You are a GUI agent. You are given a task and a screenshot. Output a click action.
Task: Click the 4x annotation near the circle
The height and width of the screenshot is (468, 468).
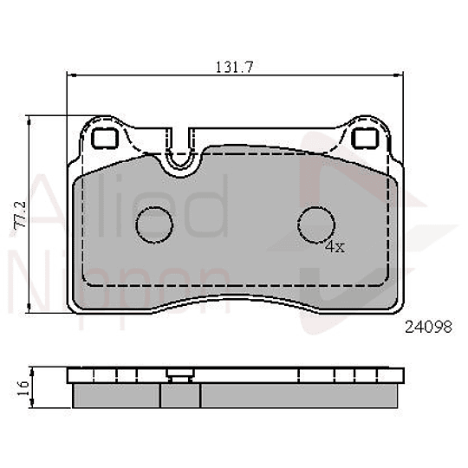click(x=335, y=247)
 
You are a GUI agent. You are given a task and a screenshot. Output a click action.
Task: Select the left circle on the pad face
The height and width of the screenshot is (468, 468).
click(x=155, y=225)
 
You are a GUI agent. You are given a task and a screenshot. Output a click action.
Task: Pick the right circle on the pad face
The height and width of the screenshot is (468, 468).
click(x=317, y=225)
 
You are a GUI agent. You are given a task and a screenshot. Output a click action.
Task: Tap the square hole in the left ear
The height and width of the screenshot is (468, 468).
click(x=106, y=138)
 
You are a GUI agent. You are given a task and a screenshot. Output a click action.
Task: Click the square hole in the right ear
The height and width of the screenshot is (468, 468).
click(x=366, y=138)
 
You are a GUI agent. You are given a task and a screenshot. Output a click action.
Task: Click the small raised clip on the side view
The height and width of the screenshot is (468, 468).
click(x=180, y=375)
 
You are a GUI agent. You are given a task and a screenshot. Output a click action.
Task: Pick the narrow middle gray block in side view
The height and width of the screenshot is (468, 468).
click(x=180, y=394)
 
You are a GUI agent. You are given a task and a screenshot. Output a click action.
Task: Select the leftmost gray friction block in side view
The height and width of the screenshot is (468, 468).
click(x=114, y=394)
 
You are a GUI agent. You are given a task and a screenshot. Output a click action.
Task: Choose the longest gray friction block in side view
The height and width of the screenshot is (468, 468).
click(x=302, y=394)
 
